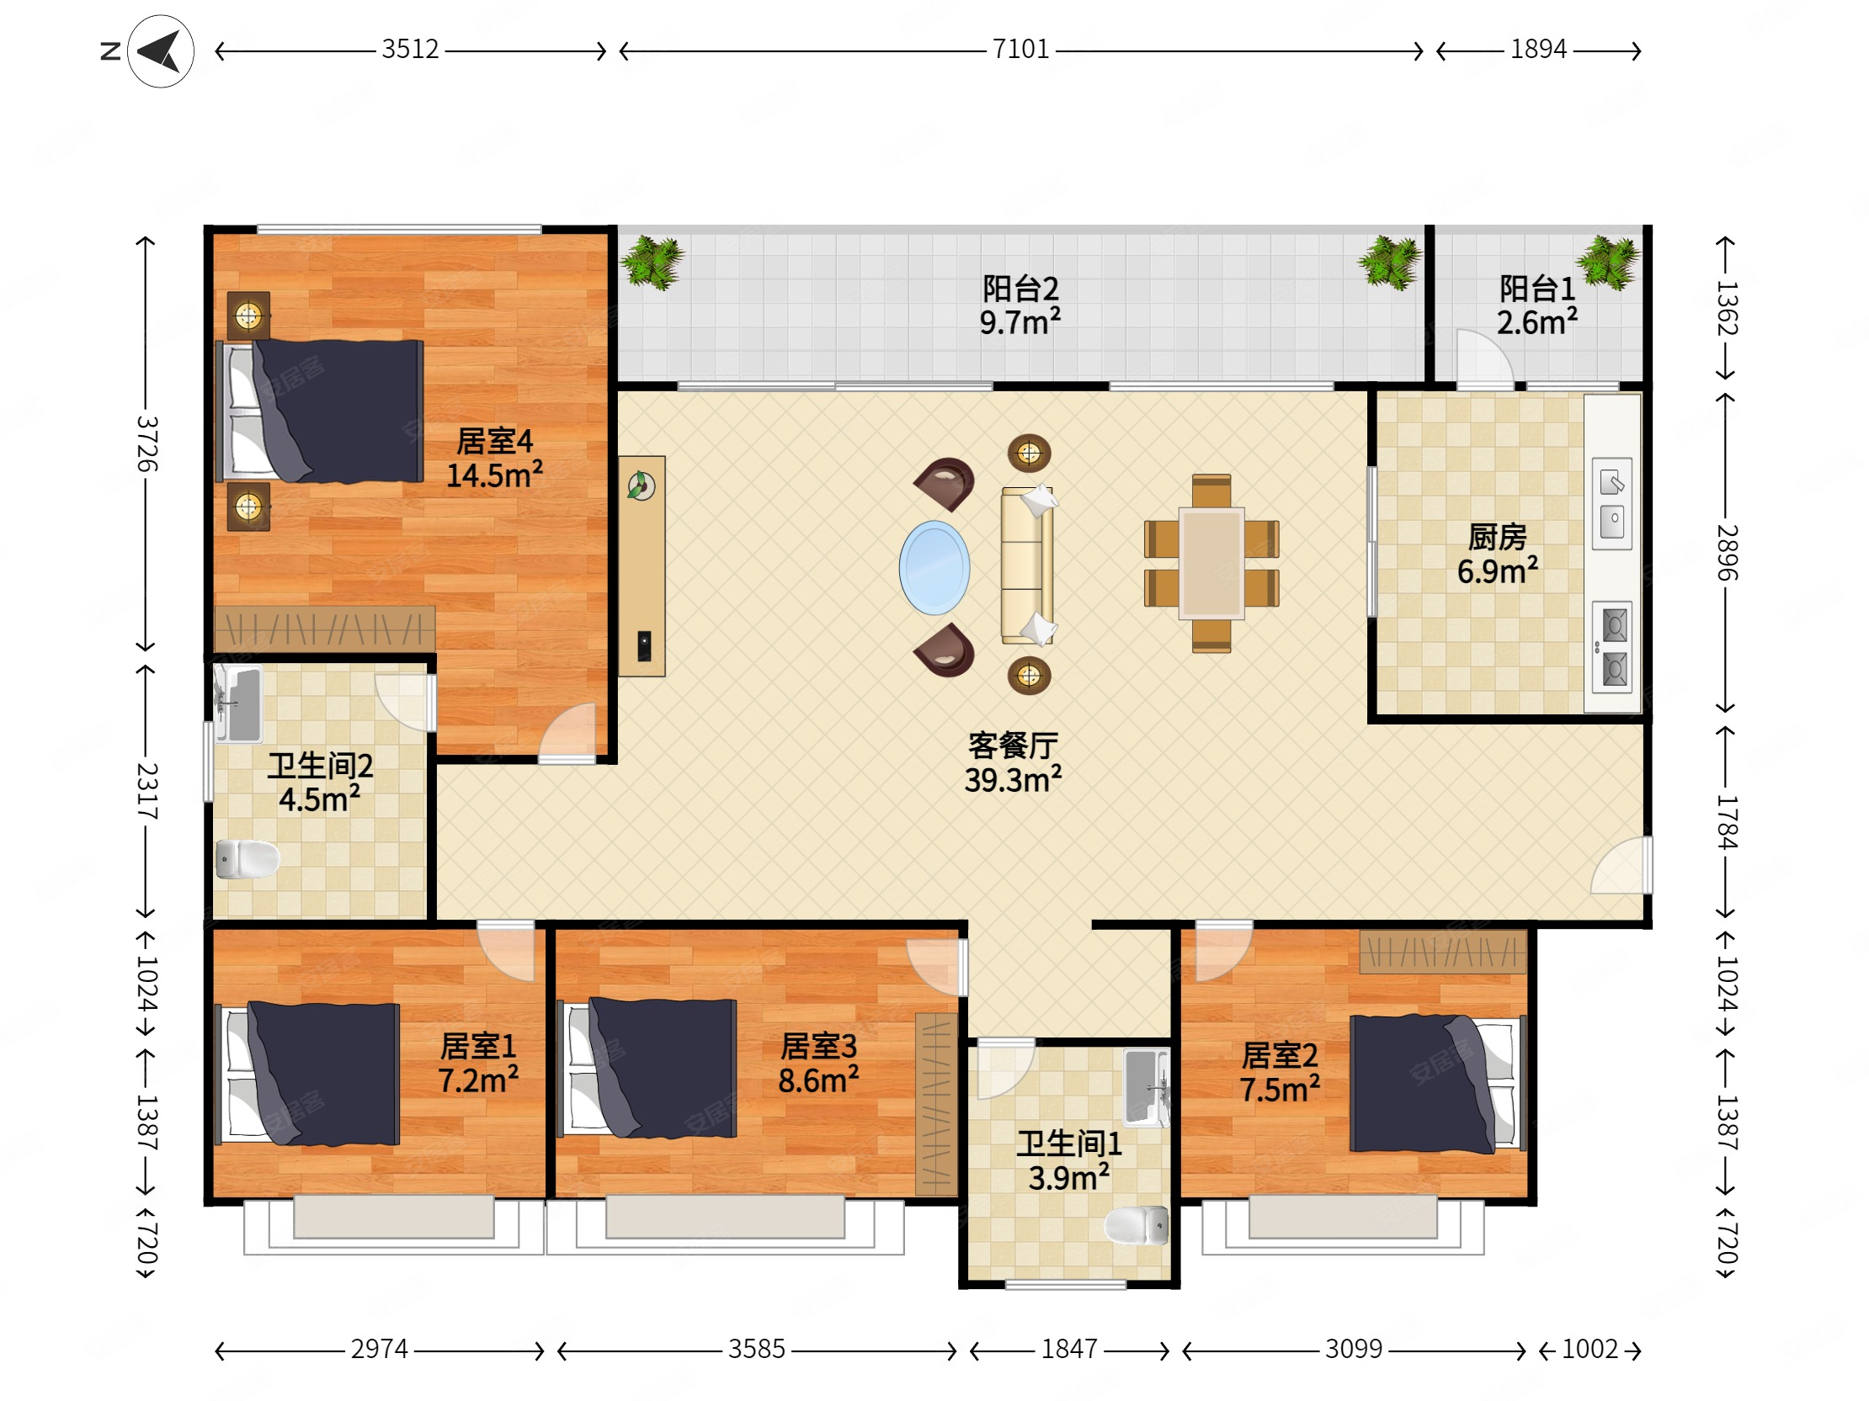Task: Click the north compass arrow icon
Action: click(160, 51)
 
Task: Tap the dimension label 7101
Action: click(1020, 49)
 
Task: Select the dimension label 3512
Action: click(410, 49)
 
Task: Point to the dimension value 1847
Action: click(1069, 1349)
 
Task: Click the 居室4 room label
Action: click(494, 441)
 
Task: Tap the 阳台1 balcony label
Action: click(1537, 289)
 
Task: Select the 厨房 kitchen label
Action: click(1497, 537)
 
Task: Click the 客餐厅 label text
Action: click(1013, 746)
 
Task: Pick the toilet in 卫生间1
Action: click(1137, 1225)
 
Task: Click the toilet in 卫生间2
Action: click(247, 860)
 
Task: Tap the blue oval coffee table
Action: click(934, 567)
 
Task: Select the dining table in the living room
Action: click(1211, 563)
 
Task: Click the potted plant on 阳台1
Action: click(1608, 263)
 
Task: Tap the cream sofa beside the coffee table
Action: click(1027, 565)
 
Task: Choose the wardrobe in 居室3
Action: click(936, 1104)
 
